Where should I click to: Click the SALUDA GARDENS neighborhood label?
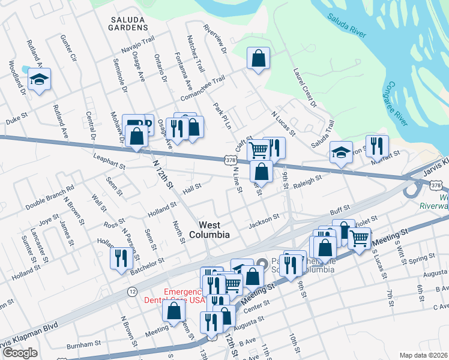coord(128,23)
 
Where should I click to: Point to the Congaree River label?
coord(398,103)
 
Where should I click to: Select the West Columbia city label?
coord(206,230)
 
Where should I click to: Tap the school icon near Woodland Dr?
coord(39,79)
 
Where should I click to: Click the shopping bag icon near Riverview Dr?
coord(258,58)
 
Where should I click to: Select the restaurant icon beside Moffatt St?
coord(377,145)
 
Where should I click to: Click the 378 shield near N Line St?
coord(230,160)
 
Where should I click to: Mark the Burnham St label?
coord(83,344)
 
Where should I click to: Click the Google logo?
coord(20,353)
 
